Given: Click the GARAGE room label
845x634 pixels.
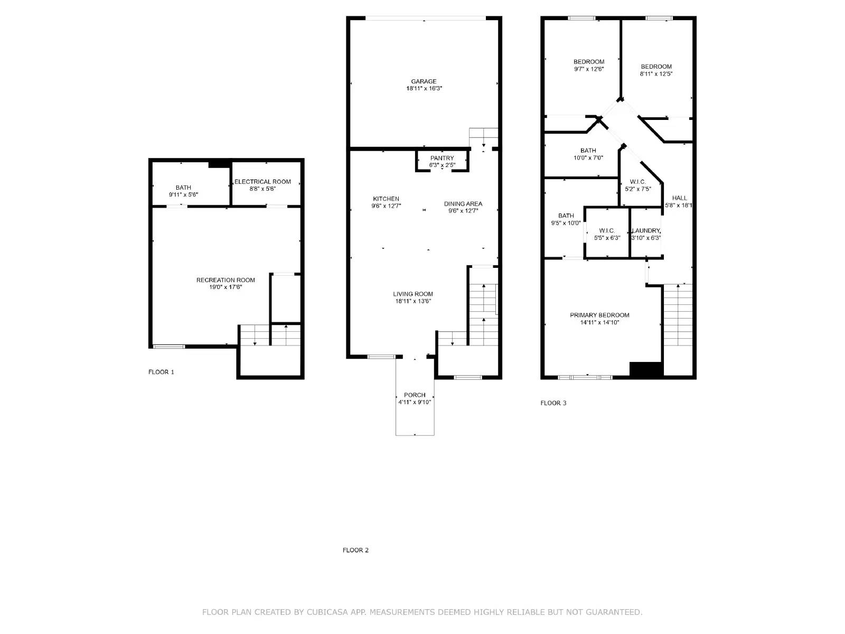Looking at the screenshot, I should (424, 81).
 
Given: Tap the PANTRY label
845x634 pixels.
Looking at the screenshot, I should (442, 158).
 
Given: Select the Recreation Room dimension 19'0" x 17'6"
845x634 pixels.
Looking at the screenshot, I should (226, 287).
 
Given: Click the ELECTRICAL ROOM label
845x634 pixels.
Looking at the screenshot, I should (262, 182).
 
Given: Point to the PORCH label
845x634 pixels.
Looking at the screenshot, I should (415, 395).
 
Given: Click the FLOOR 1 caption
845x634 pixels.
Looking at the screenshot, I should (161, 372).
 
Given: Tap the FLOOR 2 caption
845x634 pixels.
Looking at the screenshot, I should (355, 550).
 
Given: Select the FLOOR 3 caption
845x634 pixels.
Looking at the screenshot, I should (553, 403).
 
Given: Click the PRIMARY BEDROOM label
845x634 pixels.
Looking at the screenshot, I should (599, 315).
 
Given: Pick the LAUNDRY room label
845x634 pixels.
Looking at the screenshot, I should (646, 231).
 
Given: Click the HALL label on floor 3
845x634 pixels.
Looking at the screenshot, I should (680, 198).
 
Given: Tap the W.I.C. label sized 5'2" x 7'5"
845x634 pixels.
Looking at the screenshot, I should (637, 182).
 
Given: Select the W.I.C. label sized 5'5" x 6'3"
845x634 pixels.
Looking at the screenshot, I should (607, 231).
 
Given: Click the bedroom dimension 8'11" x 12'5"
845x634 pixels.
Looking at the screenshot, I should (656, 74).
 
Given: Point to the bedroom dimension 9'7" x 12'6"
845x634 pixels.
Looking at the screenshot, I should (589, 69).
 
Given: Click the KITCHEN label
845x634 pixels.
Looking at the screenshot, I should (386, 199).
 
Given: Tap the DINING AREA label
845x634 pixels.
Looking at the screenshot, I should (463, 203).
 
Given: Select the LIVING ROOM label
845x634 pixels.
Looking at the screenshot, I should (413, 294).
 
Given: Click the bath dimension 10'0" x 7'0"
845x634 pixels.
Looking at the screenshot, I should (588, 157).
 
